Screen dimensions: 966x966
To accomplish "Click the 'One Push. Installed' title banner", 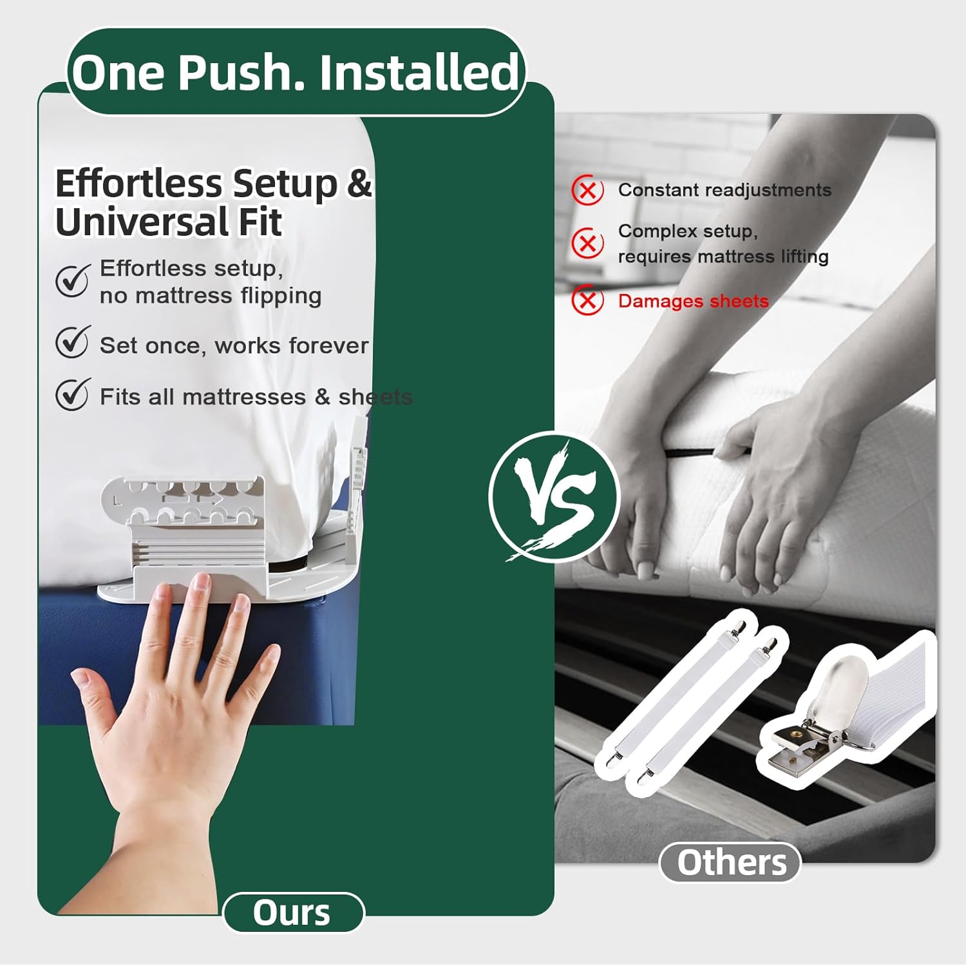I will click(x=296, y=72).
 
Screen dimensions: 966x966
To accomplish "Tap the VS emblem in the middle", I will click(x=553, y=496).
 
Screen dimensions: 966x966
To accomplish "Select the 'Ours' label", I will click(x=293, y=913).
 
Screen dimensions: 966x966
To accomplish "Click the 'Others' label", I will click(x=731, y=862).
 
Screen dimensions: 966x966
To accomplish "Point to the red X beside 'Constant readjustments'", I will click(x=587, y=191).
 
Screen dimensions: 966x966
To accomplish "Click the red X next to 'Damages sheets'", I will click(x=587, y=300).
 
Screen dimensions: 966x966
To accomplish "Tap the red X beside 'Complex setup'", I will click(x=587, y=244).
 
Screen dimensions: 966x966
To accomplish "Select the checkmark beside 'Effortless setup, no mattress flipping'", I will click(x=72, y=280).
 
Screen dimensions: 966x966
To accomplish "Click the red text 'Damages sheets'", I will click(x=693, y=301).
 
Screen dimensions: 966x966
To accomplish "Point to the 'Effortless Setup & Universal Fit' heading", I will click(x=213, y=202).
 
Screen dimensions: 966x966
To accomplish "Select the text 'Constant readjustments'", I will click(x=724, y=190).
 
